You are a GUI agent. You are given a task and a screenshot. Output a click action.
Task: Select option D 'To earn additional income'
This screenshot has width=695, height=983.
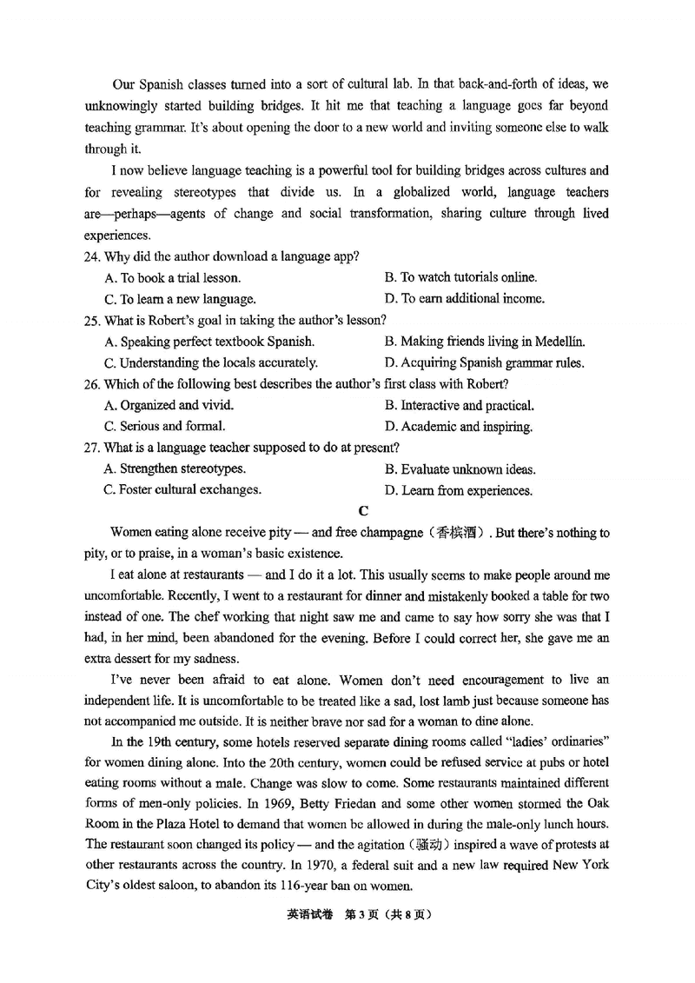click(464, 299)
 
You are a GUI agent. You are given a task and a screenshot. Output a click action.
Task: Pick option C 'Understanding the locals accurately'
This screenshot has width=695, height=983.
click(210, 363)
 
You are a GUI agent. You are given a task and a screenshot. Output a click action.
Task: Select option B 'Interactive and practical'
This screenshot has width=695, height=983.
click(459, 406)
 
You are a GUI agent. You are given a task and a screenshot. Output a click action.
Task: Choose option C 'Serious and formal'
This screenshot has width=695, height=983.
click(164, 427)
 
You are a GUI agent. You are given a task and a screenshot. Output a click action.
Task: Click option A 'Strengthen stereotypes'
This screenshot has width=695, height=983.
click(174, 469)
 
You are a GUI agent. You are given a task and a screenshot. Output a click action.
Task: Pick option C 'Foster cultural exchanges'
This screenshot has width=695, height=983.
click(182, 490)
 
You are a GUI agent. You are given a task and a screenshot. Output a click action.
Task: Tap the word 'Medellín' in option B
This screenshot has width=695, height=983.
click(558, 342)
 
